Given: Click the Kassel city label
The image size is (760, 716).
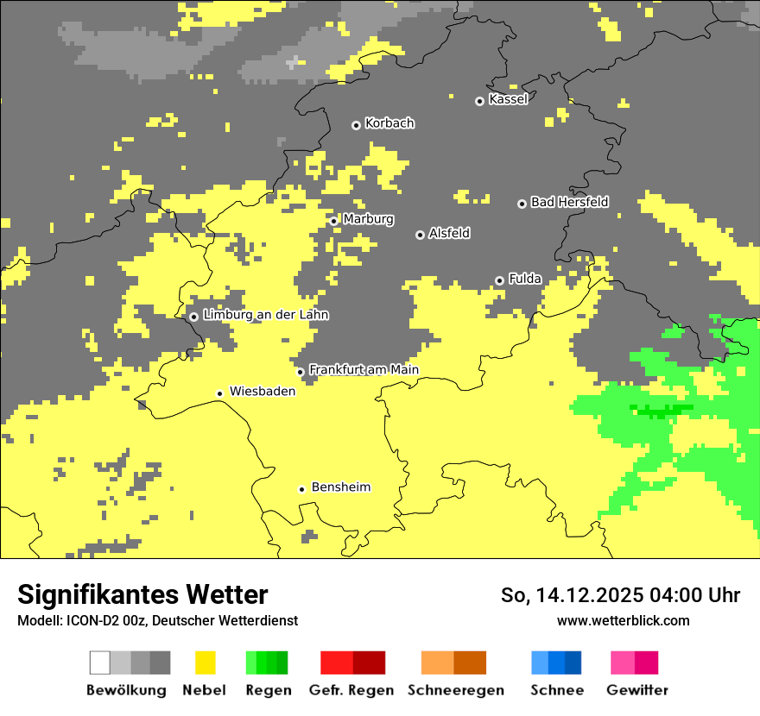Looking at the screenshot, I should (508, 99).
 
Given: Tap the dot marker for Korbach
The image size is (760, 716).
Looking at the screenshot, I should (356, 125).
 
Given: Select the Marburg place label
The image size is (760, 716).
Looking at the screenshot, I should (368, 219).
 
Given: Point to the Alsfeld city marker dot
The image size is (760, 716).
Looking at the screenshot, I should (420, 235).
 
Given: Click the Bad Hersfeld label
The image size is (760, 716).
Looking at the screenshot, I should (569, 202).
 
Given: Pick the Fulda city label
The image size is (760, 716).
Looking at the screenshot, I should (525, 279).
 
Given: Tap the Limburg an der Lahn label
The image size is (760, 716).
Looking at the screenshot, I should (265, 315).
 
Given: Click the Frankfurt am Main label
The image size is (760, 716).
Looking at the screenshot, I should (364, 370).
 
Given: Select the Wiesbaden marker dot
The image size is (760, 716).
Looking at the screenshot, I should (220, 393).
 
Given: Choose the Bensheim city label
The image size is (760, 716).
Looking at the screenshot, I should (340, 487).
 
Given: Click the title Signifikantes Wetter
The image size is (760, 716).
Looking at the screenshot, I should (142, 595).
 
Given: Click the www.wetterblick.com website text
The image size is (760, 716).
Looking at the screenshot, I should (623, 620).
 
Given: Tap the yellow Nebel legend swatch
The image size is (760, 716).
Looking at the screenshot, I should (206, 663).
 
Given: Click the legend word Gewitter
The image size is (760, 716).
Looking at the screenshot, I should (636, 690).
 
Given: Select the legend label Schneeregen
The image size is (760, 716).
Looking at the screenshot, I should (455, 690).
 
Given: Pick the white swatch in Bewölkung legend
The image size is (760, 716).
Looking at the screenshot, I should (100, 663).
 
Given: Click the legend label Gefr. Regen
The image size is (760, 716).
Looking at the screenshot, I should (351, 690).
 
